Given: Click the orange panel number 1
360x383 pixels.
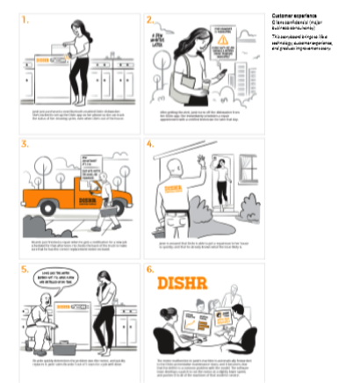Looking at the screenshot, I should click(25, 18).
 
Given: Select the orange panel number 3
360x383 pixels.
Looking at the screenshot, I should click(25, 141).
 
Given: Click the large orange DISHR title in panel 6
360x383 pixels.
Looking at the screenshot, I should click(181, 283).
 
